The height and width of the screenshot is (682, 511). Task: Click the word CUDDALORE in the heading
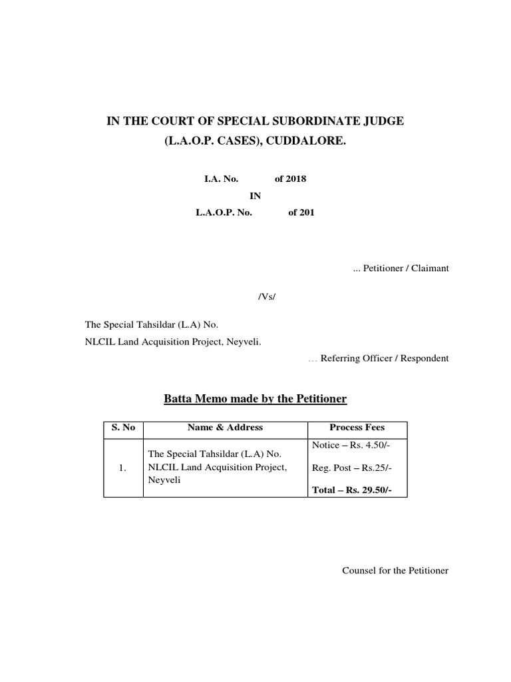coord(309,142)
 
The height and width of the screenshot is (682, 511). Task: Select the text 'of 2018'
coord(290,179)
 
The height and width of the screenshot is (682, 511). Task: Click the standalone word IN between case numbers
coord(255,196)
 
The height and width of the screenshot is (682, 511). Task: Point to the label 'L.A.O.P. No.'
coord(224,213)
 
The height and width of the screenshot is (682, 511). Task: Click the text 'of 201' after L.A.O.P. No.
coord(301,213)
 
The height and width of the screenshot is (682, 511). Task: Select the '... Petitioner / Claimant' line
coord(401,268)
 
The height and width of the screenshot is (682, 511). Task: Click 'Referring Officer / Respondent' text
coord(385,358)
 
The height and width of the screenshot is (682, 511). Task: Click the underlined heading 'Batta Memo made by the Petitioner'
coord(255,399)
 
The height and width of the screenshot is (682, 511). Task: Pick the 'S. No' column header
coord(123,428)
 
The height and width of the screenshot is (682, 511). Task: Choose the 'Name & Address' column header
coord(225,428)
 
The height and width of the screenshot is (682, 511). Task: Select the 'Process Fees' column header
coord(357,428)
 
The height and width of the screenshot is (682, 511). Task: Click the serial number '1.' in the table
coord(122,468)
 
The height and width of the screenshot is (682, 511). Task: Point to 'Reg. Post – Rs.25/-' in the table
coord(352,468)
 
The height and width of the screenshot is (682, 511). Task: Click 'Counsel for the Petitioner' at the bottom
coord(395,571)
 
